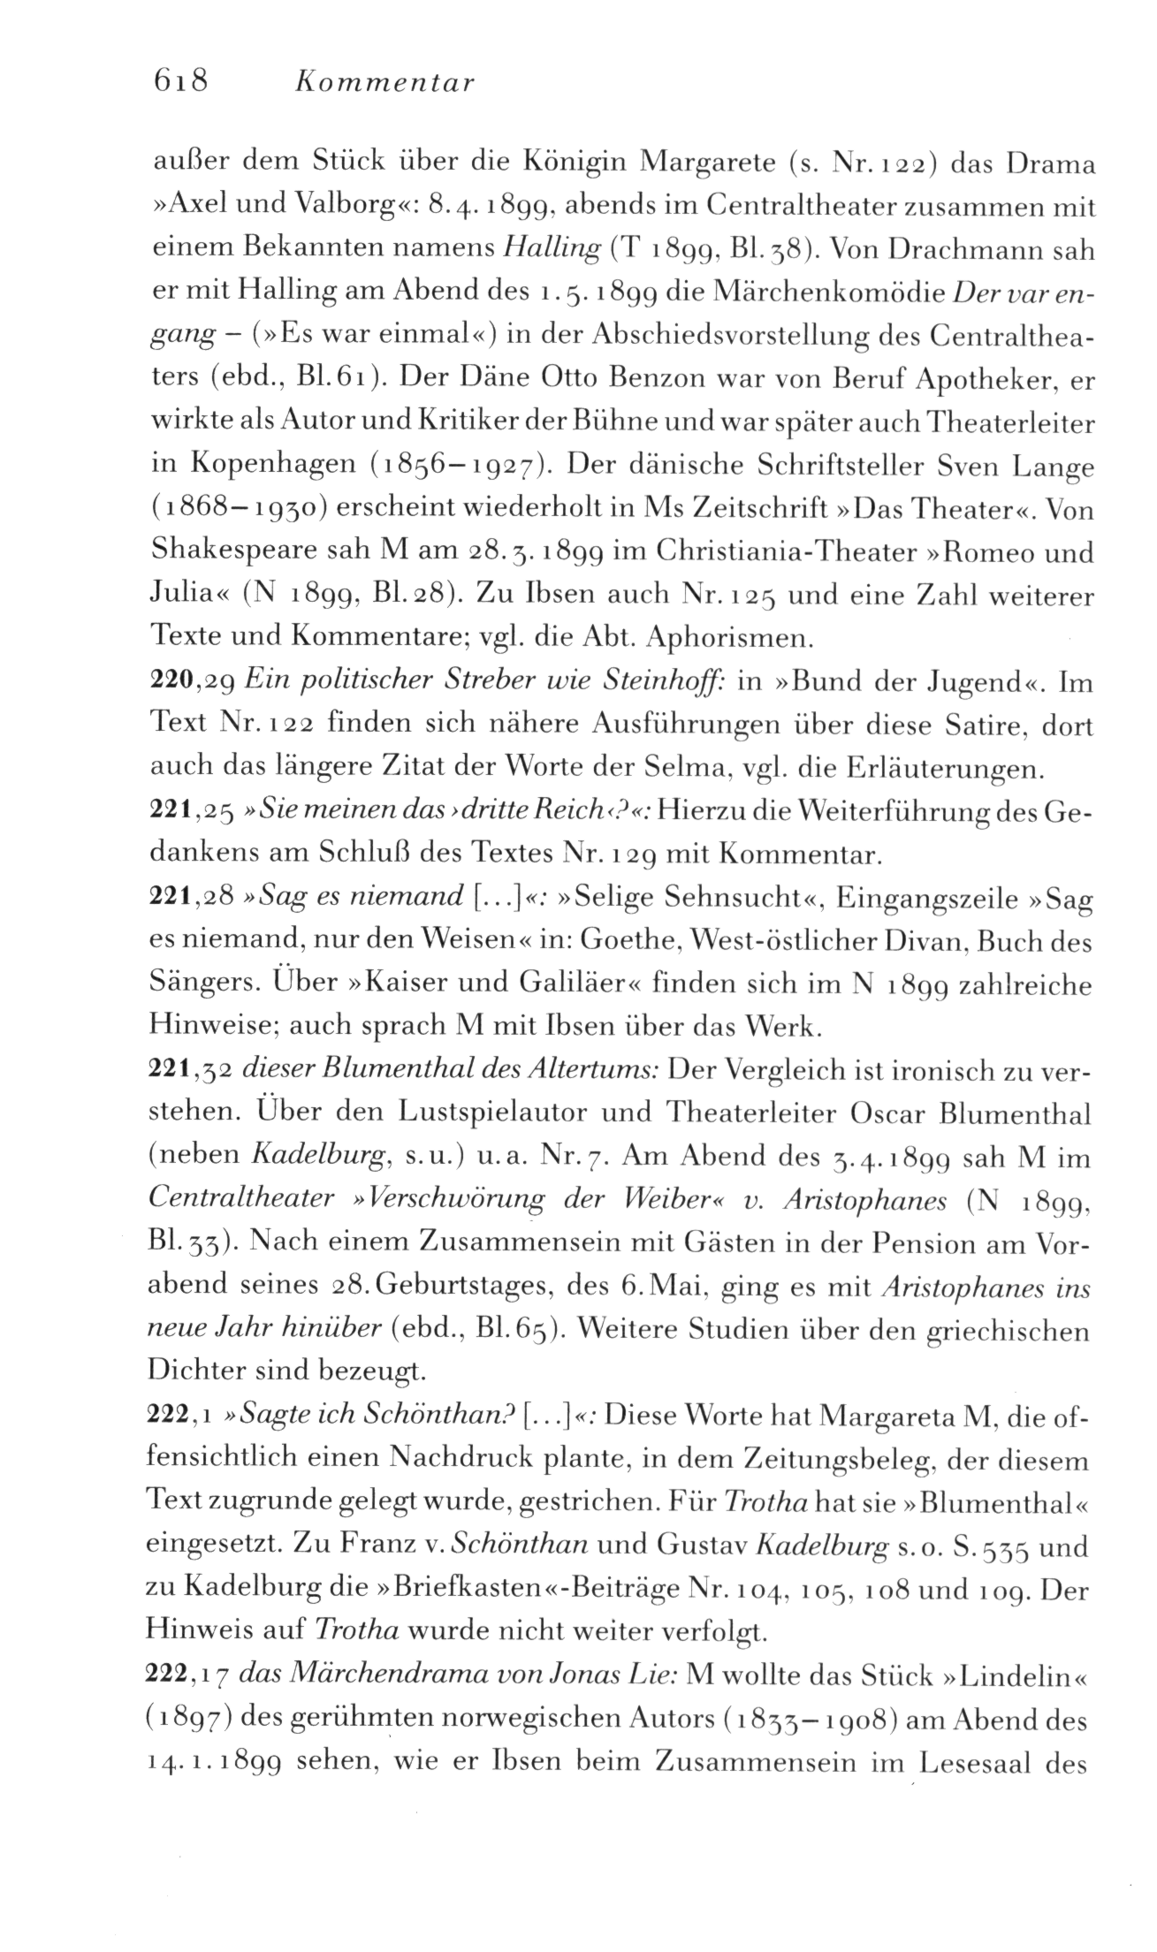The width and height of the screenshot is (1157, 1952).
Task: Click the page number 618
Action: point(179,81)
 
